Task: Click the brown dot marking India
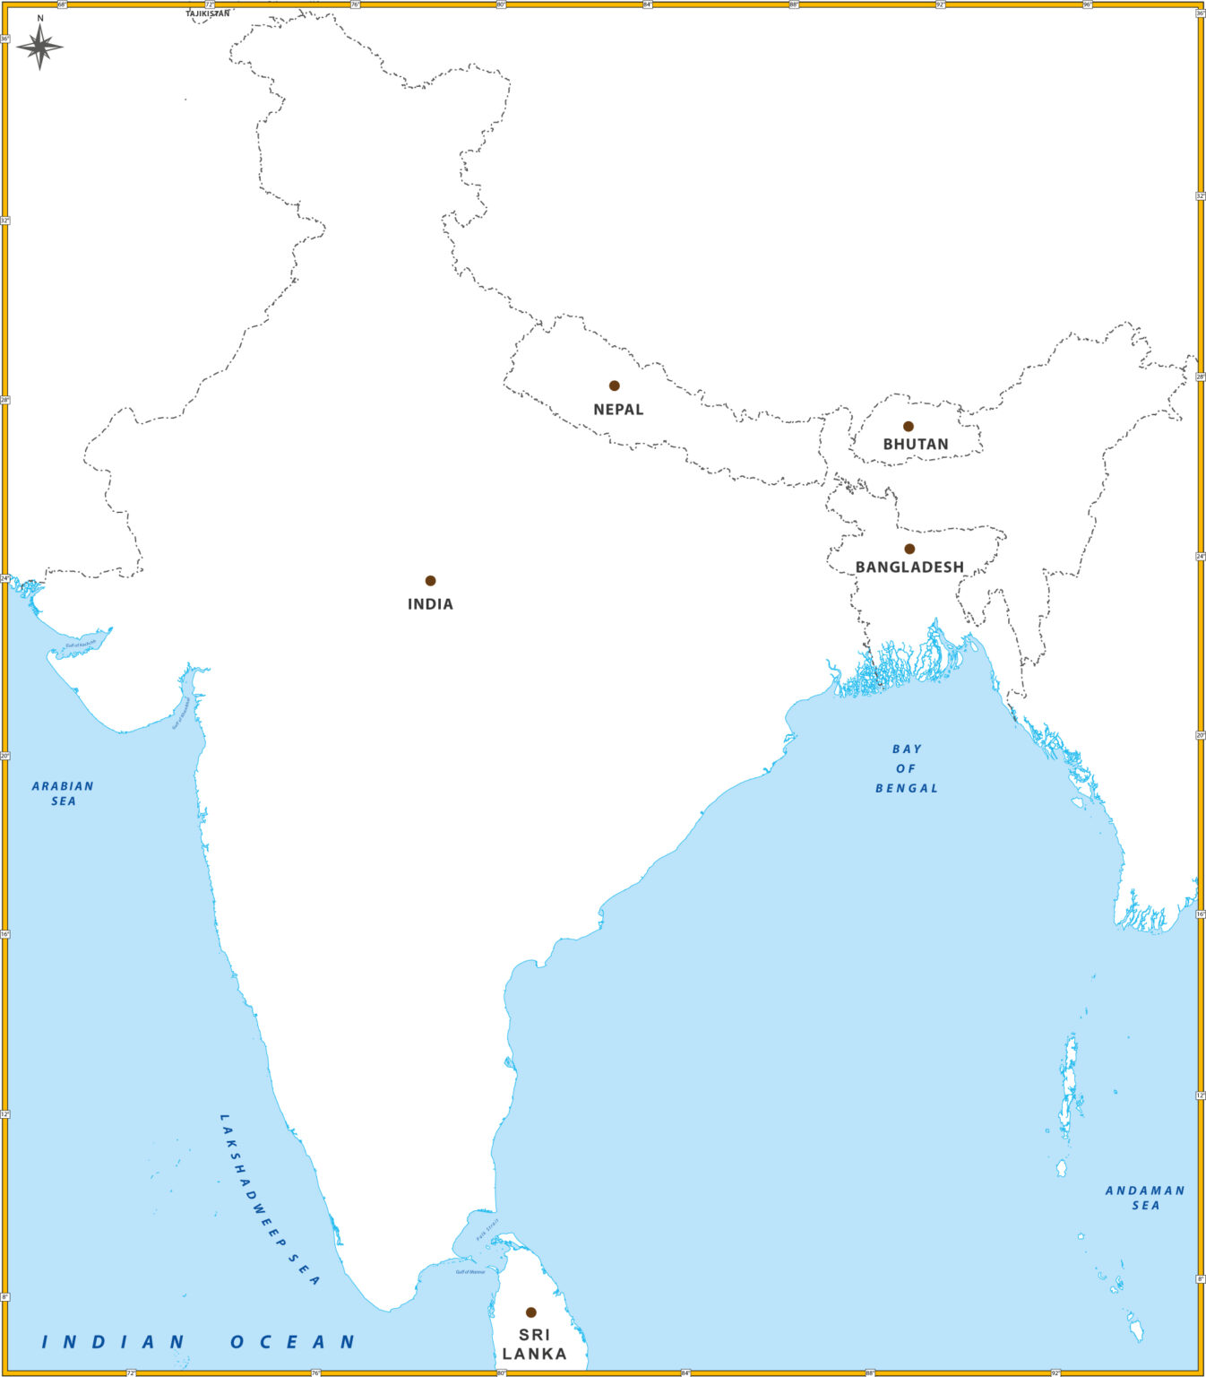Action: tap(430, 581)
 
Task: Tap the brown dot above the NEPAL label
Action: tap(614, 385)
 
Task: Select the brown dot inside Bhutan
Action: tap(908, 427)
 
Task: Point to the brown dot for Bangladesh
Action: tap(909, 549)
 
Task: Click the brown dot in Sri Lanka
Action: tap(530, 1312)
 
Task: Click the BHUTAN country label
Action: tap(915, 445)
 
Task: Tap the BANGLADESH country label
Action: tap(909, 567)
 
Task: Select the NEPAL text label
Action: tap(618, 410)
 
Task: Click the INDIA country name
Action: tap(430, 604)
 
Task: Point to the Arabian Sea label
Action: tap(63, 793)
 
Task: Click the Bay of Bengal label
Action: tap(906, 768)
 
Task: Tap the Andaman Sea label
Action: tap(1144, 1198)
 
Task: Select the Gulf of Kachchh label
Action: tap(81, 644)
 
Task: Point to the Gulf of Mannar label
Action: tap(469, 1271)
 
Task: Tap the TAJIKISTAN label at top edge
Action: tap(208, 14)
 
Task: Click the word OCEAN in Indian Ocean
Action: tap(293, 1342)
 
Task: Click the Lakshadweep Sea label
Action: tap(269, 1199)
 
